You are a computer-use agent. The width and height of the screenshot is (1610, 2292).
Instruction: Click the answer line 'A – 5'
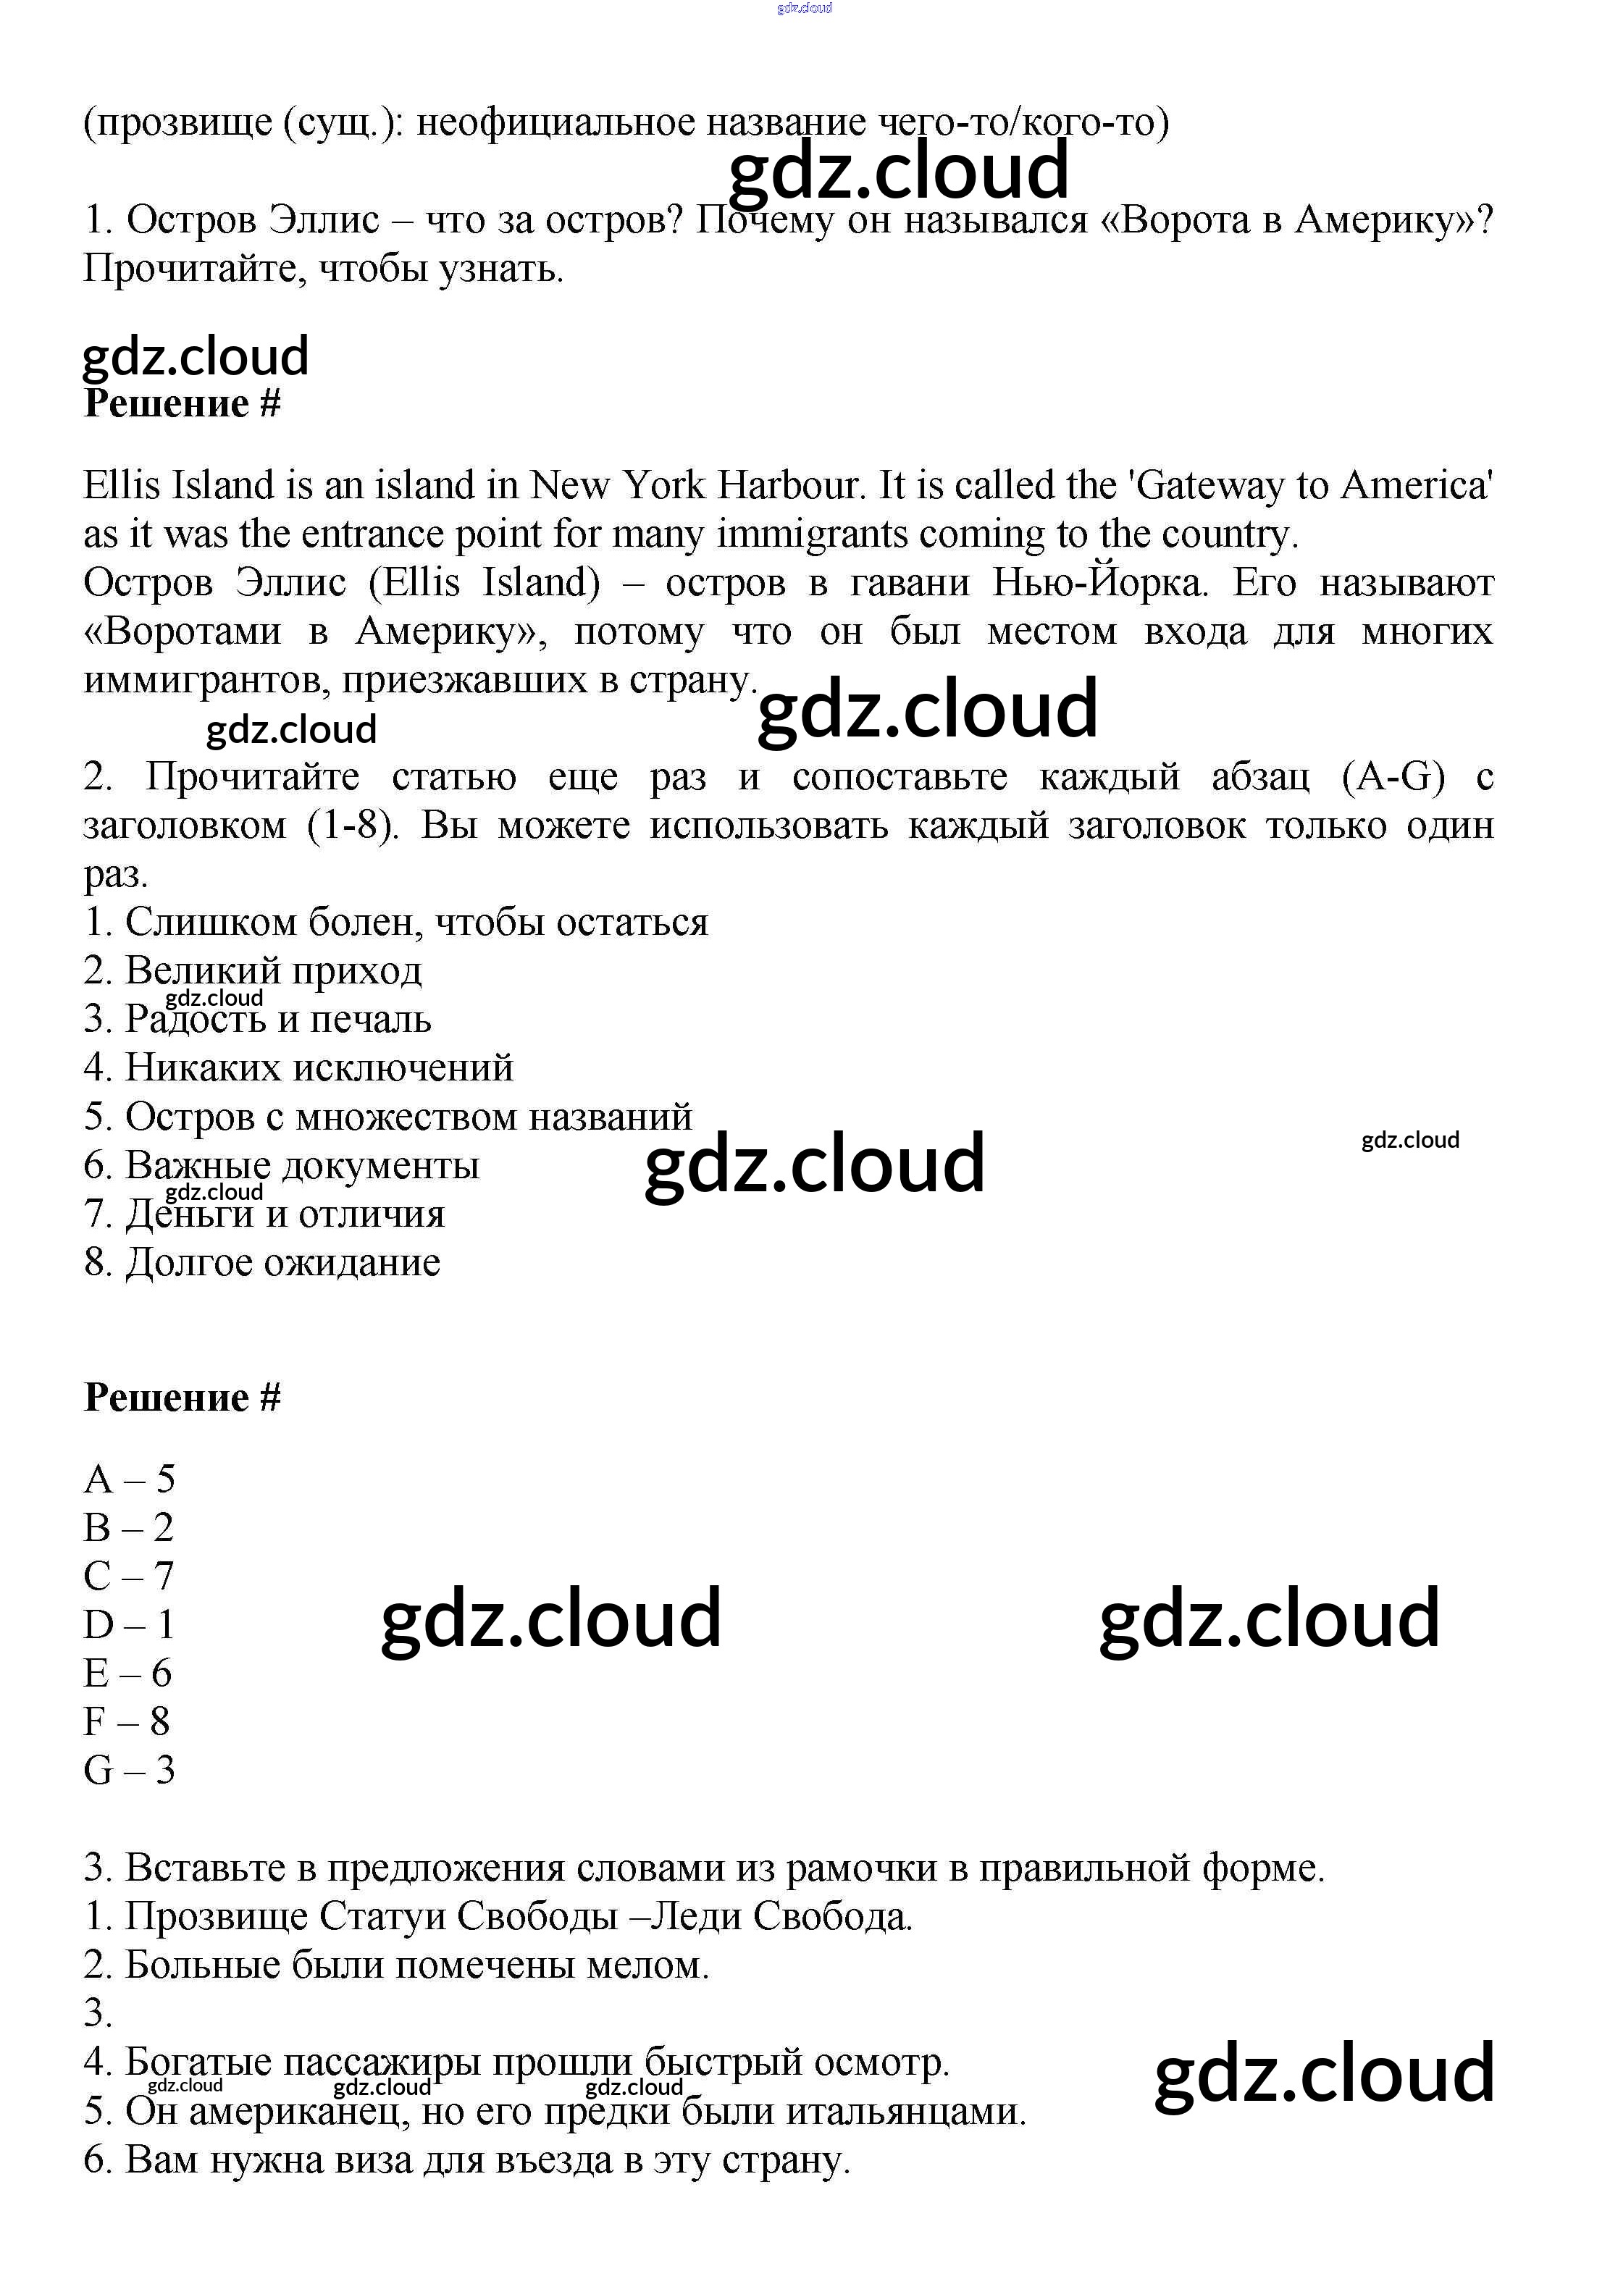(129, 1479)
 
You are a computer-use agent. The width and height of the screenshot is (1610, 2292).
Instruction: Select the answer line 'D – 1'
(129, 1625)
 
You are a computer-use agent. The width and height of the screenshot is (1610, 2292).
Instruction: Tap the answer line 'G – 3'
(129, 1771)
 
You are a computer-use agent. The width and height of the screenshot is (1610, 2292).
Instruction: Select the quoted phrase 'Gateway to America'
(1315, 485)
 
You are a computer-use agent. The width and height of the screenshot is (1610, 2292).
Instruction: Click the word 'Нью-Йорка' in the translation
(1099, 582)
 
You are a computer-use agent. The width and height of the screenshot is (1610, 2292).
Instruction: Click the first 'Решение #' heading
(183, 403)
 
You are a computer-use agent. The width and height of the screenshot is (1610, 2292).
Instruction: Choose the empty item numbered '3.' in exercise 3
(98, 2013)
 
